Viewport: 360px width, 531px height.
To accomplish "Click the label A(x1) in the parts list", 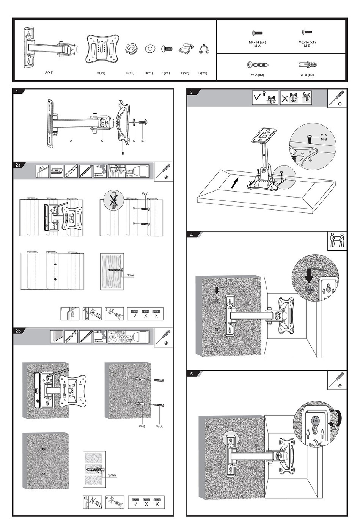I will click(49, 72).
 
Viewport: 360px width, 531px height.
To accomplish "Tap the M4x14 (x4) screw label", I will click(257, 42).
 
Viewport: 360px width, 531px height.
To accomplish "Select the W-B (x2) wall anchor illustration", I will click(307, 64).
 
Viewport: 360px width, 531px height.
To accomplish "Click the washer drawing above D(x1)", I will click(149, 49).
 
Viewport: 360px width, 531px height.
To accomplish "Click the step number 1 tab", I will click(17, 91).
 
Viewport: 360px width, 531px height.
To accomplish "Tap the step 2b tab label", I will click(18, 331).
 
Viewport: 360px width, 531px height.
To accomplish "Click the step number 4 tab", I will click(192, 235).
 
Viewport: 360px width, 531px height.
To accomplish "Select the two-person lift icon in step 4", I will click(337, 241).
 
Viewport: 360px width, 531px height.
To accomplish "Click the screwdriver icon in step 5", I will click(337, 380).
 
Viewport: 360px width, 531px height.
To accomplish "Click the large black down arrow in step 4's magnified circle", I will click(309, 276).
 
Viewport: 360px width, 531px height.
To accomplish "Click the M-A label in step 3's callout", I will click(324, 135).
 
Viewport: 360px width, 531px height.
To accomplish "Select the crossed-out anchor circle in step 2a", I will click(113, 200).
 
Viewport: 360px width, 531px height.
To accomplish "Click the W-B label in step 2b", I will click(142, 426).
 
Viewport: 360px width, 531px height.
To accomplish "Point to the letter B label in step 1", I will click(123, 154).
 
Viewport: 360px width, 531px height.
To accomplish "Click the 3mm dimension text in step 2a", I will click(130, 275).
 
